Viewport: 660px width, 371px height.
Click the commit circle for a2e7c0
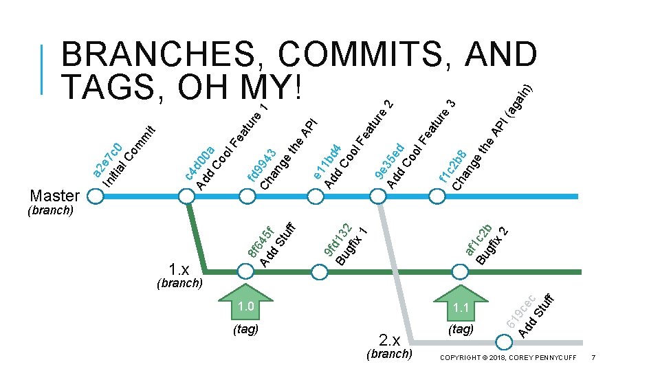click(96, 196)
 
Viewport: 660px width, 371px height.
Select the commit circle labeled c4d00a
click(187, 196)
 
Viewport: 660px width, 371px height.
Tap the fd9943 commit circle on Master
click(251, 196)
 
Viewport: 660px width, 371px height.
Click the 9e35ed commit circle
click(377, 196)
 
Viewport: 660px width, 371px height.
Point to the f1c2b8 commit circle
click(438, 196)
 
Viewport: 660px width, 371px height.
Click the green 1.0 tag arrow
click(245, 302)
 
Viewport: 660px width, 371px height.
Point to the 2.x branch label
click(390, 340)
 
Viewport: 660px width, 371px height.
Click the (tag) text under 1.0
click(246, 330)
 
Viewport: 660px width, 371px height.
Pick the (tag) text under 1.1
click(461, 330)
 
